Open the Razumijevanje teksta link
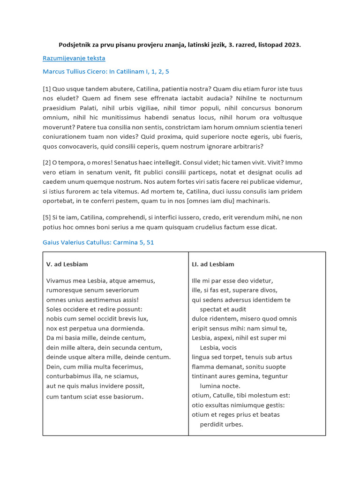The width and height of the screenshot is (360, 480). coord(74,58)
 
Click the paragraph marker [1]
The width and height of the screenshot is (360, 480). coord(47,89)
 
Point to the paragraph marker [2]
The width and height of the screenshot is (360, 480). coord(47,162)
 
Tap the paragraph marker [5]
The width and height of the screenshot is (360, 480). coord(47,217)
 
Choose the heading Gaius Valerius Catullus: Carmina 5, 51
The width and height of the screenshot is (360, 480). coord(98,242)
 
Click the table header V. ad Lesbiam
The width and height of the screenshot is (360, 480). coord(67,264)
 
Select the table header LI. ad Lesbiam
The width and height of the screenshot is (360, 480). coord(213,264)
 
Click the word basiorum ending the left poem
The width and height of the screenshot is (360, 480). coord(126,397)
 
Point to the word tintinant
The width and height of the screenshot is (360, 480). coord(206,376)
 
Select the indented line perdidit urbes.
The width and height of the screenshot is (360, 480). coord(221,424)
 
